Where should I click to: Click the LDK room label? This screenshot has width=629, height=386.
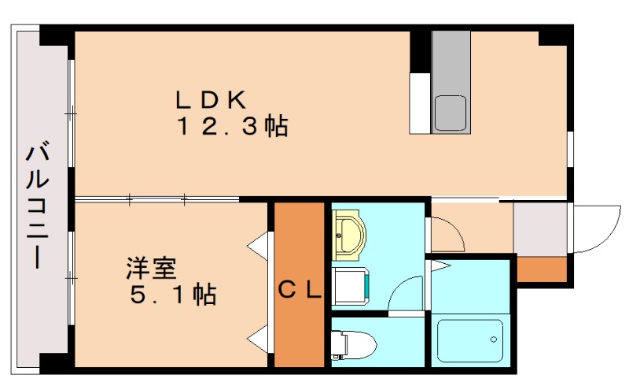click(x=211, y=100)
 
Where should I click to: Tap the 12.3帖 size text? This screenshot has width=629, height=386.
click(x=231, y=127)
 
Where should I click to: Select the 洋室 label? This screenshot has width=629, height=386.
click(x=151, y=269)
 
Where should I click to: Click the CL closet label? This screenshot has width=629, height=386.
click(x=300, y=291)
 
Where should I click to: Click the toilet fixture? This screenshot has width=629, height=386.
click(x=354, y=344)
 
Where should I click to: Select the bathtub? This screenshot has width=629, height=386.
click(x=469, y=340)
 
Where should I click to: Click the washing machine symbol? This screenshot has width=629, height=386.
click(x=351, y=284)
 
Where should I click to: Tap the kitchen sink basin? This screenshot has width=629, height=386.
click(x=451, y=113)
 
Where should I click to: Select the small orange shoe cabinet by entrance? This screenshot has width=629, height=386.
click(x=541, y=269)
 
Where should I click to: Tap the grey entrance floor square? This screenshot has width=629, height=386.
click(x=540, y=228)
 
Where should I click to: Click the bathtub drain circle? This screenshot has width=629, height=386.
click(x=495, y=340)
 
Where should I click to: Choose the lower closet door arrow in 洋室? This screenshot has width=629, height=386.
click(x=257, y=340)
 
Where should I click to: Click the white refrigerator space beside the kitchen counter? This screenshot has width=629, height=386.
click(x=420, y=103)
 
